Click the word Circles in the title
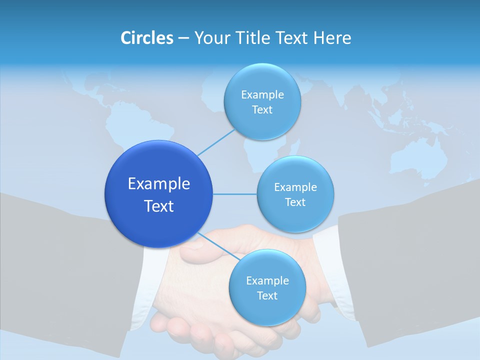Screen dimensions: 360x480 coord(146,38)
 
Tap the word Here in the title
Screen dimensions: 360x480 coord(332,38)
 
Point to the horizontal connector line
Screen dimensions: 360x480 coord(235,194)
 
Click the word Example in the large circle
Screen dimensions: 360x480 coord(159,184)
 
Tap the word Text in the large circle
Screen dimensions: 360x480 coord(159,206)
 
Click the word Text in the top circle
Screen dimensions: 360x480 coord(262,110)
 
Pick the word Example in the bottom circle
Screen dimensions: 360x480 coord(267,280)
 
